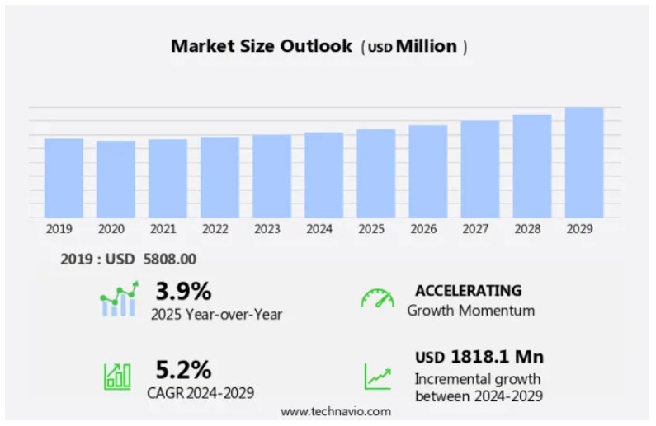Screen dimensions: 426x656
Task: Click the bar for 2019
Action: coord(64,178)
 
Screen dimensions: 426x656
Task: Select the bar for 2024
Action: coord(323,175)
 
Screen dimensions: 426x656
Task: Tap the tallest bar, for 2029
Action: coord(584,162)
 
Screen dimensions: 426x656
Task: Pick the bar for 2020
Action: coord(116,179)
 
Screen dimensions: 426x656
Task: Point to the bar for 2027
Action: coord(480,169)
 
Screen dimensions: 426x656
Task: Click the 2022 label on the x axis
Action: coord(215,229)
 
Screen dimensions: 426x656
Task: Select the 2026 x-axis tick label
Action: coord(423,229)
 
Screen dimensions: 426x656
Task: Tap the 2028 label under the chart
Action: coord(527,229)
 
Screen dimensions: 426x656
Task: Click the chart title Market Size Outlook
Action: coord(262,46)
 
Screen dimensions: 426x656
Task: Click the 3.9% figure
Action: coord(184,291)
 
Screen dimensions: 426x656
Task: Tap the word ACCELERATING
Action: coord(468,291)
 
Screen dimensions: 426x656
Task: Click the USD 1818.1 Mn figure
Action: coord(479,358)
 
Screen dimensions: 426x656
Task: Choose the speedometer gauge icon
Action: coord(377,297)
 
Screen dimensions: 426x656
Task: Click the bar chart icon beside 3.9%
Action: coord(118,301)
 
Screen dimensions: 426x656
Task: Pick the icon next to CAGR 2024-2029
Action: coord(117,377)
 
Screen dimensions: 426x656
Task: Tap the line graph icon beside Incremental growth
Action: coord(377,377)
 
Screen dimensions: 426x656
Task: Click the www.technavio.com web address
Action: coord(336,410)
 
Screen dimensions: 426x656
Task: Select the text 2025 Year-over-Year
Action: coord(216,314)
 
